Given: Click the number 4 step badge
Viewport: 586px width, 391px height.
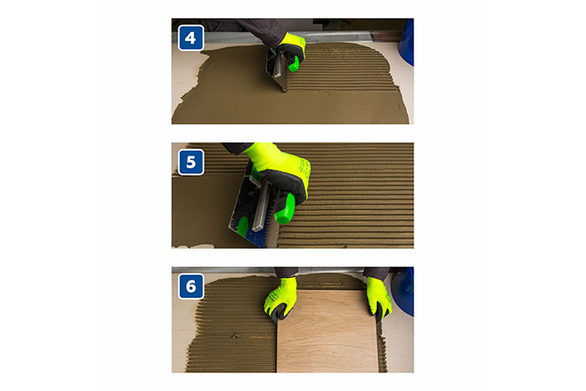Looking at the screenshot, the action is point(191,38).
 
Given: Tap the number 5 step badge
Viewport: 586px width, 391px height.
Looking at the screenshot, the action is point(191,162).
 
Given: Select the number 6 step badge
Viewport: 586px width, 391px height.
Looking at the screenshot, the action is point(191,286).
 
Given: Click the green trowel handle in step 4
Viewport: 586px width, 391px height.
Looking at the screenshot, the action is point(294,64).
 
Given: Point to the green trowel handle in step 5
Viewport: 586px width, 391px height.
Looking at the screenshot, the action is point(285,208).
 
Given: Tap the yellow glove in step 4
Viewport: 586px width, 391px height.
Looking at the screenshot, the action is point(290,48).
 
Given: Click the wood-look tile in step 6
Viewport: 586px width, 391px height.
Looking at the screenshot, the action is point(327,332).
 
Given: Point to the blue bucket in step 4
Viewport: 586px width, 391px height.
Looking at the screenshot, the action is point(407,42).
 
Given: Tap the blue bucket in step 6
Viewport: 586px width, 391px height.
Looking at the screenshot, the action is point(404,291).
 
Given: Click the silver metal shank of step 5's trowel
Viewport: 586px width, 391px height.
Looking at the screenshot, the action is point(261,207).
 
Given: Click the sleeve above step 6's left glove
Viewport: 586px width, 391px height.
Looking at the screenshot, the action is point(286,272).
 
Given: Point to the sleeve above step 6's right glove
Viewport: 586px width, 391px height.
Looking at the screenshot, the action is point(377,273).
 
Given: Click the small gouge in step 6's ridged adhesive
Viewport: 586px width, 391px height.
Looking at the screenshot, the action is point(235,336).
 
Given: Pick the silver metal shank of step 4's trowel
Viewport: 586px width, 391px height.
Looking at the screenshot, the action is point(279,65).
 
